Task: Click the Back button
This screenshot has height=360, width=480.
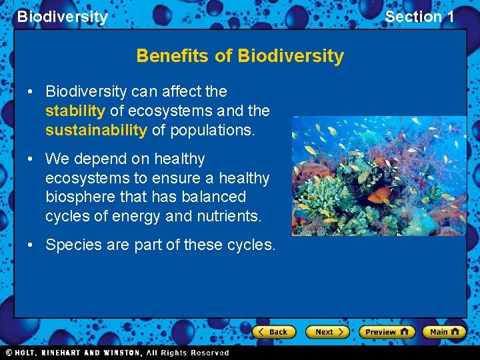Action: pyautogui.click(x=274, y=331)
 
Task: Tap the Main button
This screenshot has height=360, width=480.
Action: pyautogui.click(x=444, y=331)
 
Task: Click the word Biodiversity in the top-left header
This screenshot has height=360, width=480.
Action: pyautogui.click(x=62, y=17)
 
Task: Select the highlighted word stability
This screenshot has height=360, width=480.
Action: pyautogui.click(x=75, y=111)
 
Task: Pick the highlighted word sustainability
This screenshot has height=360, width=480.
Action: pyautogui.click(x=96, y=130)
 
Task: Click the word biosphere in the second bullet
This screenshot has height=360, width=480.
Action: pyautogui.click(x=79, y=197)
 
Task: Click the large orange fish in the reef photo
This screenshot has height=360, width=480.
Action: pyautogui.click(x=382, y=195)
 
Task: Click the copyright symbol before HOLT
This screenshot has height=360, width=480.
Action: pyautogui.click(x=9, y=353)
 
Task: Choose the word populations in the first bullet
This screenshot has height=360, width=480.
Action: pyautogui.click(x=212, y=130)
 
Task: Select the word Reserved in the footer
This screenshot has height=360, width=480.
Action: pyautogui.click(x=209, y=353)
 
